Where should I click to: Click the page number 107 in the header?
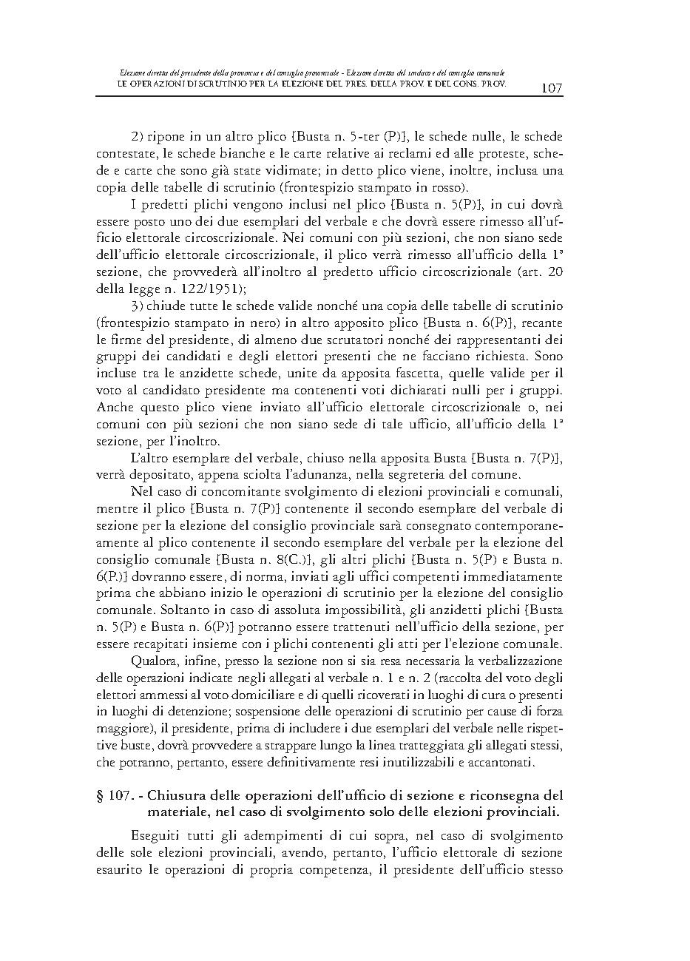point(552,89)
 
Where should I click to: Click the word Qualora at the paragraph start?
point(154,661)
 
